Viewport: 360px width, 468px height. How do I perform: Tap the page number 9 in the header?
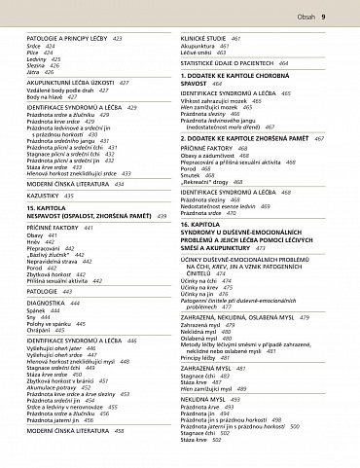(348, 17)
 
